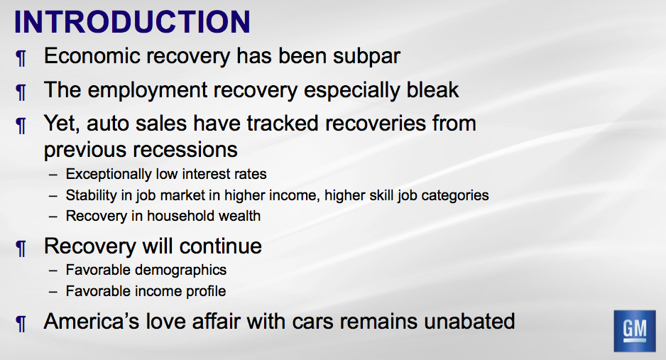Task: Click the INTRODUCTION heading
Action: tap(132, 22)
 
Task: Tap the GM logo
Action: tap(635, 331)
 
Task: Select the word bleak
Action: tap(432, 89)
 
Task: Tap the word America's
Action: tap(92, 321)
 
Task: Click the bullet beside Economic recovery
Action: tap(21, 58)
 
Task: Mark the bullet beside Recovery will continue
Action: tap(21, 249)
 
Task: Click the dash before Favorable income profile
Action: tap(53, 292)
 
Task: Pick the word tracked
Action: tap(283, 124)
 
